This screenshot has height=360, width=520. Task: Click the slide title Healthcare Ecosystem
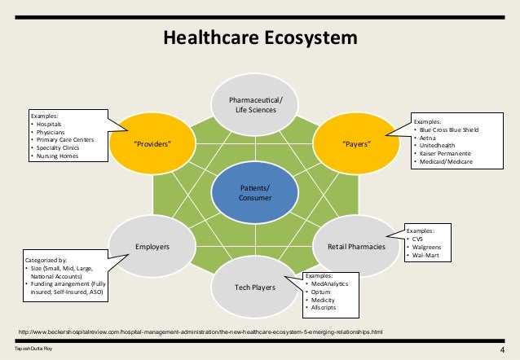click(260, 37)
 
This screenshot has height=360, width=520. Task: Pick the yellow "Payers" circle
click(357, 144)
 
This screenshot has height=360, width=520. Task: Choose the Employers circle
click(152, 244)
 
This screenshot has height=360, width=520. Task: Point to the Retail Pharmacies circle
click(356, 244)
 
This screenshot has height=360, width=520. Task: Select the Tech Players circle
click(255, 288)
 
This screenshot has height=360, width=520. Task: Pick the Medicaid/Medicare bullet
click(450, 162)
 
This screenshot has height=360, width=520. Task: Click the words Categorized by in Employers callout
click(46, 261)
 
